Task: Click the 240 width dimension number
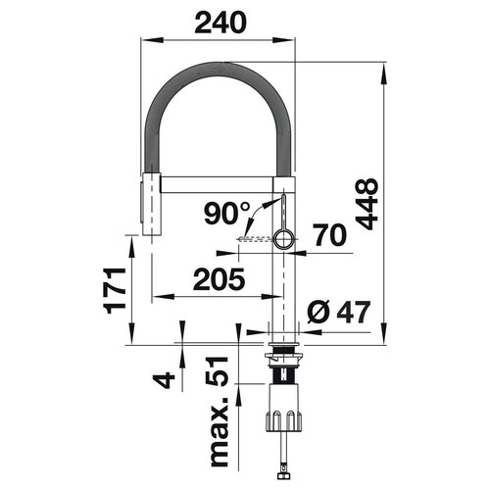point(220,23)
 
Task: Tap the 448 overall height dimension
point(367,204)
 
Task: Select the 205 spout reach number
point(219,279)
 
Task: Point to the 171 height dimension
point(115,291)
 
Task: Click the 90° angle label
point(227,213)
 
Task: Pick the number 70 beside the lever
point(330,235)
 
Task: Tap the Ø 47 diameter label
point(339,312)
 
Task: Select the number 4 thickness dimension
point(164,380)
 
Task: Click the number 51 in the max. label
point(217,371)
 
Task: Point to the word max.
point(219,432)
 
